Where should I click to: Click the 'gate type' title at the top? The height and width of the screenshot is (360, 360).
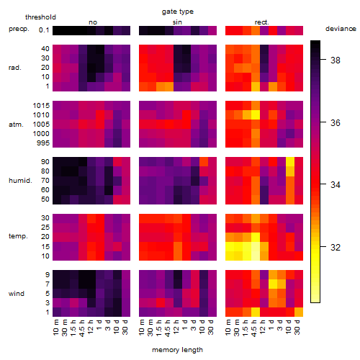coord(178,12)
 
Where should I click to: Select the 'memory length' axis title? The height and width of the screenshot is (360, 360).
coord(177,350)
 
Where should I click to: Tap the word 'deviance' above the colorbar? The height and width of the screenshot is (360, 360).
coord(341,29)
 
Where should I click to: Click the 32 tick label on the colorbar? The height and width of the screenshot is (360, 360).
coord(336,247)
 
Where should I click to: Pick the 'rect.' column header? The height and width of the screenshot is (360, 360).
coord(262,22)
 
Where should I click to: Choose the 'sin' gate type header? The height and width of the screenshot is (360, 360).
coord(177,22)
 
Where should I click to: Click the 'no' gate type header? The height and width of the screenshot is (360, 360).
coord(93,22)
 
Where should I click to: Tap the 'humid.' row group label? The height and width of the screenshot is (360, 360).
coord(20,181)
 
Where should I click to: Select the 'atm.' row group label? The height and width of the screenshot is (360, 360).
coord(16,125)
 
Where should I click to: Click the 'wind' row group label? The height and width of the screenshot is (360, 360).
coord(17,294)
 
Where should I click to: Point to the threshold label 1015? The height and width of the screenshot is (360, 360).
coord(41,106)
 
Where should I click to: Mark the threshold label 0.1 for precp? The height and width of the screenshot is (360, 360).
coord(44,30)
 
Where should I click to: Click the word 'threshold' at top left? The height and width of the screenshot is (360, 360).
coord(40,17)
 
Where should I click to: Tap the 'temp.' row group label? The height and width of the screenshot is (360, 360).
coord(18,236)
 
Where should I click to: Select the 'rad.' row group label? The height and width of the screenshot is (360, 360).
coord(15,68)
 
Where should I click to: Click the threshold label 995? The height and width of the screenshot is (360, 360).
coord(43,143)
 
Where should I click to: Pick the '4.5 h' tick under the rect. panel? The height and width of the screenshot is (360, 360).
coord(253,328)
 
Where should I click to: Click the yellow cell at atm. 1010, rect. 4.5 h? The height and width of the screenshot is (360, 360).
coord(256,115)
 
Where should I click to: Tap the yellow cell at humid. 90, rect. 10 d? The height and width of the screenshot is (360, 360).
coord(290,162)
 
